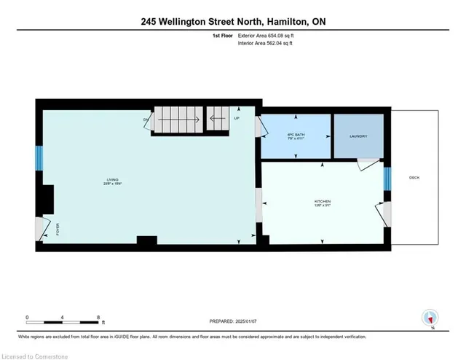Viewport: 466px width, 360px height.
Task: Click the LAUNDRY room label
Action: point(358,136)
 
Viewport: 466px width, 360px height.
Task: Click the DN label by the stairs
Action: point(146,119)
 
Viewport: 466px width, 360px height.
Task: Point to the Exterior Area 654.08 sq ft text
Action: point(269,34)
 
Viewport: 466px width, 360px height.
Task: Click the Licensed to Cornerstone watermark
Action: point(34,354)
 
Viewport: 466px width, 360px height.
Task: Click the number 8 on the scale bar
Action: point(98,317)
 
